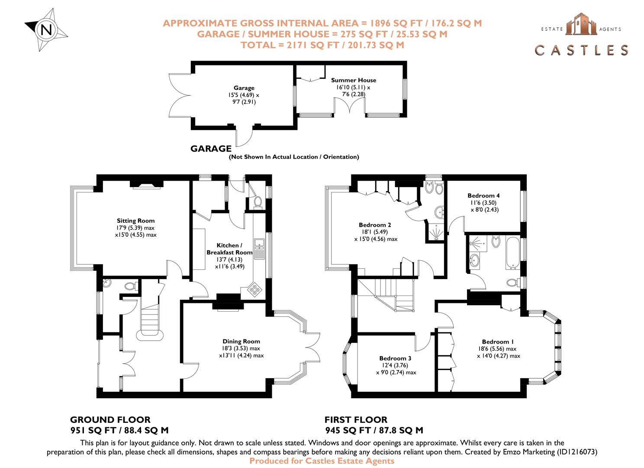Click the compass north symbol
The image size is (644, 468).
(x=46, y=30)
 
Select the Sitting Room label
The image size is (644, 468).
(x=135, y=221)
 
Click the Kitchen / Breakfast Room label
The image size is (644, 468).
(x=229, y=249)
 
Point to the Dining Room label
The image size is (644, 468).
(x=241, y=341)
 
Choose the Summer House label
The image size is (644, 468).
(x=353, y=80)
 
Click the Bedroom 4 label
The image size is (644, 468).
(x=483, y=195)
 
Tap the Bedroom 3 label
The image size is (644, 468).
(x=395, y=358)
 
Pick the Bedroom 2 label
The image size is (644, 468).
(x=375, y=225)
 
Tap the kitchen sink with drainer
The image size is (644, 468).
(x=260, y=249)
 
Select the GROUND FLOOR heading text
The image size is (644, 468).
(x=110, y=420)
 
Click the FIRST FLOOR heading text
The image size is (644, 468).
(x=356, y=420)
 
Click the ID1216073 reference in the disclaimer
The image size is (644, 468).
(x=576, y=452)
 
